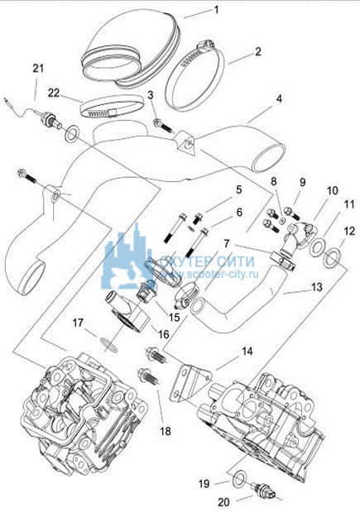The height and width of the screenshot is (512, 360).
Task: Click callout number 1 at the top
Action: (x=216, y=9)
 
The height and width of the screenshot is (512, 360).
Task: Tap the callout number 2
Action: (x=257, y=51)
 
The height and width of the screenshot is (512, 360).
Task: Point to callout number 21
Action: (x=38, y=69)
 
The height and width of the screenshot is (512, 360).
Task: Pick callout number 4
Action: (x=278, y=98)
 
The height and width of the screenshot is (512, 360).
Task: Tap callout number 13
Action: (x=316, y=287)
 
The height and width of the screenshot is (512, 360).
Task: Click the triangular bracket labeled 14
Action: (x=190, y=383)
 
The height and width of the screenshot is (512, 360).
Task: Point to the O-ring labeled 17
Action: (x=108, y=344)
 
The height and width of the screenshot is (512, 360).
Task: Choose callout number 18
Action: (x=166, y=431)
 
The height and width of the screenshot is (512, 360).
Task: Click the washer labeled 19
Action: (x=240, y=480)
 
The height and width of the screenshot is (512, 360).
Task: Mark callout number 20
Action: (x=223, y=502)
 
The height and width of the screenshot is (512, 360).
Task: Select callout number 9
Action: (x=302, y=182)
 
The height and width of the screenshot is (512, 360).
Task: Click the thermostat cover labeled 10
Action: (x=300, y=232)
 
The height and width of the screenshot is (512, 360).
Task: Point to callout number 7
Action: (x=227, y=243)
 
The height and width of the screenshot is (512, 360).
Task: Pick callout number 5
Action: (x=239, y=189)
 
